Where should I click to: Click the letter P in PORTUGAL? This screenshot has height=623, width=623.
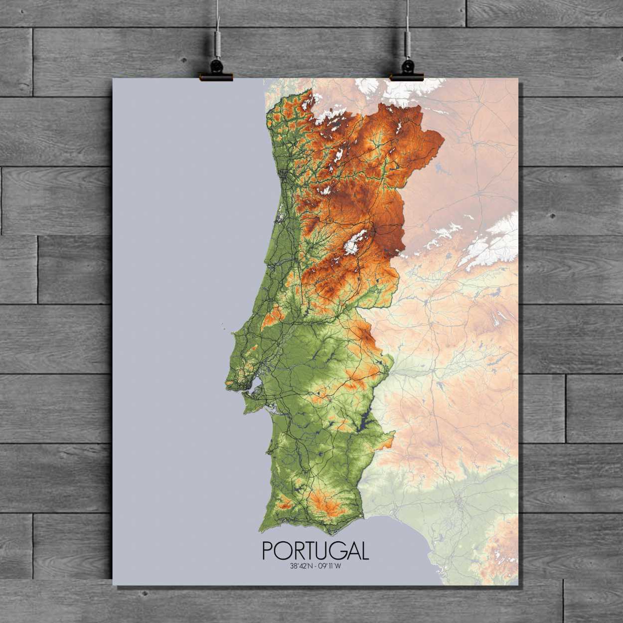point(267,551)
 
